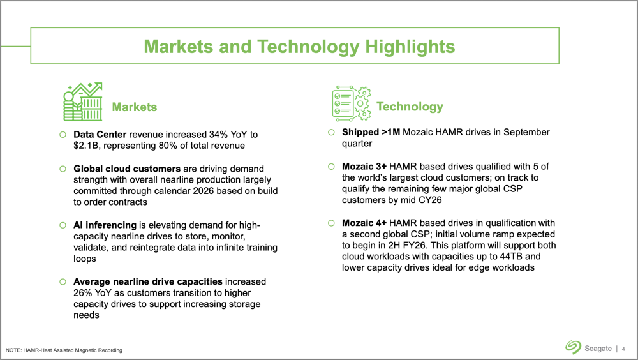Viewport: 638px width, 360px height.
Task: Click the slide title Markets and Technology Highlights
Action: pyautogui.click(x=299, y=47)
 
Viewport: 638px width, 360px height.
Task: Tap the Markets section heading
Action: pyautogui.click(x=134, y=107)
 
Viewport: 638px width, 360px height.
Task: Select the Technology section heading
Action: pyautogui.click(x=410, y=107)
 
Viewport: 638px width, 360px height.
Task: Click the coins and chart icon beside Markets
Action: pyautogui.click(x=82, y=101)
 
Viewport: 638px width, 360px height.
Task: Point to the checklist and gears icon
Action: pyautogui.click(x=352, y=103)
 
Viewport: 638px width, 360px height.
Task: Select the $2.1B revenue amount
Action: pyautogui.click(x=87, y=146)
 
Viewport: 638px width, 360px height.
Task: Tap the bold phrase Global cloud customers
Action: pyautogui.click(x=127, y=169)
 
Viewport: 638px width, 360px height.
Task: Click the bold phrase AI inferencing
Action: pyautogui.click(x=105, y=225)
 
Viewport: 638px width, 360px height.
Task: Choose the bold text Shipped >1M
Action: pyautogui.click(x=371, y=132)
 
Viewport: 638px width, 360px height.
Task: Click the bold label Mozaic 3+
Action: pyautogui.click(x=364, y=166)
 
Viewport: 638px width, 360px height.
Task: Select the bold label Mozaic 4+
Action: pyautogui.click(x=364, y=223)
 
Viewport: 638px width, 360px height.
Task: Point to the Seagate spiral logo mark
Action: pyautogui.click(x=573, y=347)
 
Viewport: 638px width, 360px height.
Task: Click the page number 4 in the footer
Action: pyautogui.click(x=623, y=349)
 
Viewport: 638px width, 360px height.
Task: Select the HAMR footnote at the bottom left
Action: pyautogui.click(x=64, y=350)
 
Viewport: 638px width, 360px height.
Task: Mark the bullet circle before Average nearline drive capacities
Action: pyautogui.click(x=63, y=282)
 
